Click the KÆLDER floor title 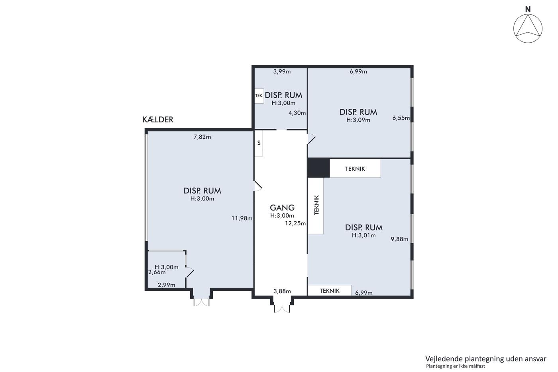tap(158, 120)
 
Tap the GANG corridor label tap(282, 208)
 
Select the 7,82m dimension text tap(202, 137)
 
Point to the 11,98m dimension tap(242, 218)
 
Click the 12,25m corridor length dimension tap(295, 223)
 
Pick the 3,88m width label tap(282, 291)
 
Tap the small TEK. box tap(259, 96)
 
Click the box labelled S tap(258, 144)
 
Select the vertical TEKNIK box tap(316, 206)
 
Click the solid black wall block tap(318, 168)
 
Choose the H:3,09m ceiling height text tap(358, 120)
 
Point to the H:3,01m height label tap(363, 235)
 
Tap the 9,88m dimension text tap(399, 239)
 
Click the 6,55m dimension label tap(401, 118)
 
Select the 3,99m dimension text tap(282, 71)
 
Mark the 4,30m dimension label tap(297, 113)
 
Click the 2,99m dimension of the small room tap(167, 285)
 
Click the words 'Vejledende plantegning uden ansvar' tap(486, 359)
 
